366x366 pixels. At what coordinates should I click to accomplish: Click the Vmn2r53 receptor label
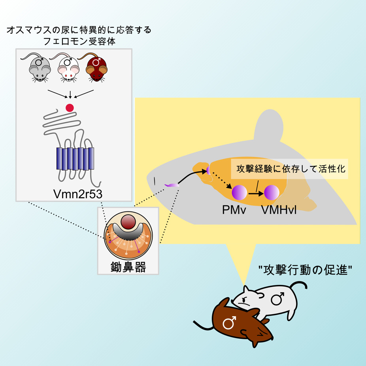point(78,194)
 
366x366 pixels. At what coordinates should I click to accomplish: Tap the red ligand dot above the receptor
point(70,108)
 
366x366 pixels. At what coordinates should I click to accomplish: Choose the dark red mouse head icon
point(96,69)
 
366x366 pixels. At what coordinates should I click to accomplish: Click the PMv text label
point(234,210)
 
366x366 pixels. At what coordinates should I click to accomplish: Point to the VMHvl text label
point(279,210)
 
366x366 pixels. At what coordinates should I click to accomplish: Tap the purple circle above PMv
point(239,192)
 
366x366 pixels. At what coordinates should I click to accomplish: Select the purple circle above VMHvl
point(272,192)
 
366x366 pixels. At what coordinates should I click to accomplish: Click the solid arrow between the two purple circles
point(256,193)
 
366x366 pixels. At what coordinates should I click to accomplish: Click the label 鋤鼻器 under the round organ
point(128,267)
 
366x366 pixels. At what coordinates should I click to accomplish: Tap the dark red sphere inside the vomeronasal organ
point(128,222)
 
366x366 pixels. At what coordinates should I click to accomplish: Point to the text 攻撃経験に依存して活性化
point(291,169)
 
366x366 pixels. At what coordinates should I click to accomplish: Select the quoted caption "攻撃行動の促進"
point(305,270)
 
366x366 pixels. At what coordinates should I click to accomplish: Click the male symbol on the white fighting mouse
point(277,299)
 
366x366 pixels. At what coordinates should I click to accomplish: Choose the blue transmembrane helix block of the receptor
point(75,158)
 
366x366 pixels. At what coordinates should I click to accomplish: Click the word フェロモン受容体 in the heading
point(79,42)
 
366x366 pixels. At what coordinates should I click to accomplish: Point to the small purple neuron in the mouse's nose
point(172,185)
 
